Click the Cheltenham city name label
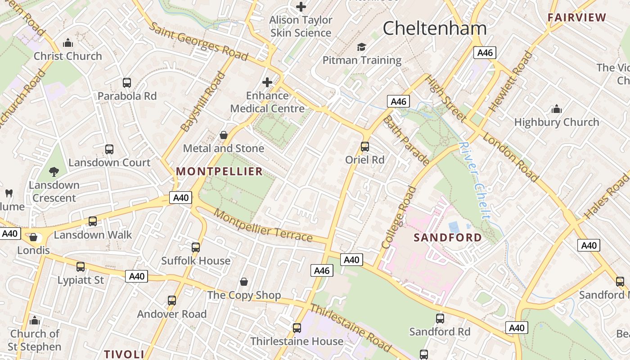tap(434, 28)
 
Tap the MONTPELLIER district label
tap(219, 171)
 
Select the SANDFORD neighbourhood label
tap(447, 238)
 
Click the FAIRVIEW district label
tap(577, 18)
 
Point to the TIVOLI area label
tap(124, 354)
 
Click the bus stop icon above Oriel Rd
tap(365, 147)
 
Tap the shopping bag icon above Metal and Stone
tap(223, 135)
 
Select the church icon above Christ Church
tap(68, 43)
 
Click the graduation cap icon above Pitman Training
tap(361, 47)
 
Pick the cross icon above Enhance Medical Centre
tap(267, 82)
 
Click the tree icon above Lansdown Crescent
tap(54, 171)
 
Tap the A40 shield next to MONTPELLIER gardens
tap(181, 198)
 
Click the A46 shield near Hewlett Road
tap(485, 53)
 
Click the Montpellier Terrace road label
tap(263, 225)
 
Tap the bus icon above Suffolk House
tap(195, 247)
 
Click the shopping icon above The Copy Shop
tap(244, 282)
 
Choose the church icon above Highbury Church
tap(557, 109)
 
